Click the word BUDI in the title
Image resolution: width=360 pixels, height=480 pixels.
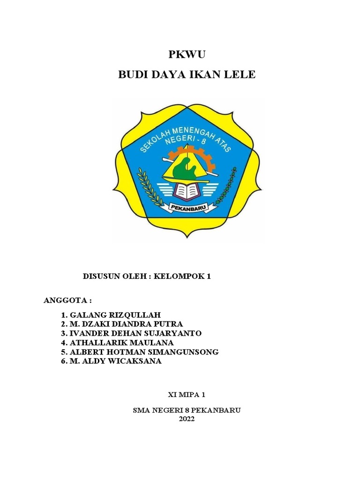pos(132,75)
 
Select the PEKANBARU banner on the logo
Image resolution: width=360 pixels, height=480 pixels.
pos(187,205)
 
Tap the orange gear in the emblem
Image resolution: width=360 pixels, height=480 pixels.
pos(209,159)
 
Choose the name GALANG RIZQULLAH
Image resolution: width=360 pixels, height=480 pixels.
pos(114,315)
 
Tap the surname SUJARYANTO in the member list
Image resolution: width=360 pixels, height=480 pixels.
pos(173,333)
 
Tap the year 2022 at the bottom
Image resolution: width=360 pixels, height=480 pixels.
pos(187,419)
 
